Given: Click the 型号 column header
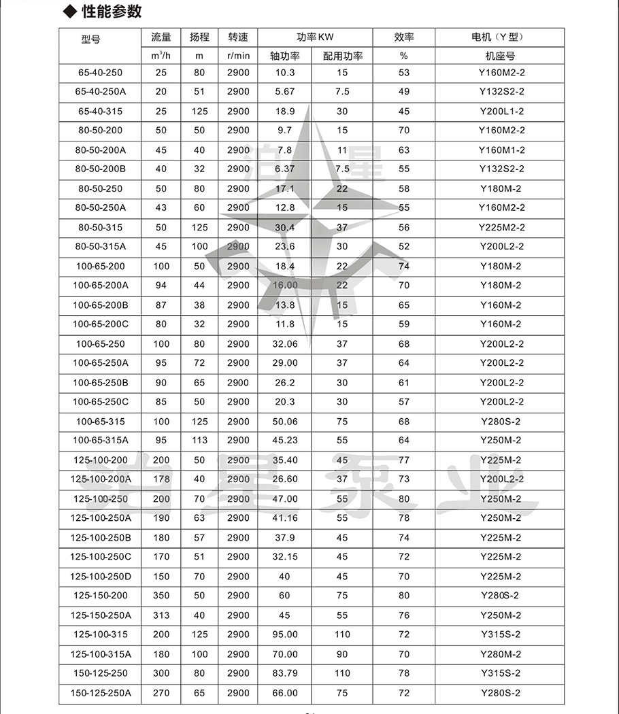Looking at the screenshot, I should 90,39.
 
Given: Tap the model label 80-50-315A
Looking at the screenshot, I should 101,247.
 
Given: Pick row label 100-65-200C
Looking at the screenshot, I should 101,324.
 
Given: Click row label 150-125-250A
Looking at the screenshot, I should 101,693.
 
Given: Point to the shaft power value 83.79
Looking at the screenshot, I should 285,674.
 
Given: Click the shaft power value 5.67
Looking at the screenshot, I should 285,92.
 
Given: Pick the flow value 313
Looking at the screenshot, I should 161,615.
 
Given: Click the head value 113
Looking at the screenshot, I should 199,441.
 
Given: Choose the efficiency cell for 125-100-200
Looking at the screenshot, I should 404,460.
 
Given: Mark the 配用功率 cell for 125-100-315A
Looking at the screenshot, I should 342,654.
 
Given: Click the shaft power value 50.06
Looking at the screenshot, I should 285,422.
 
